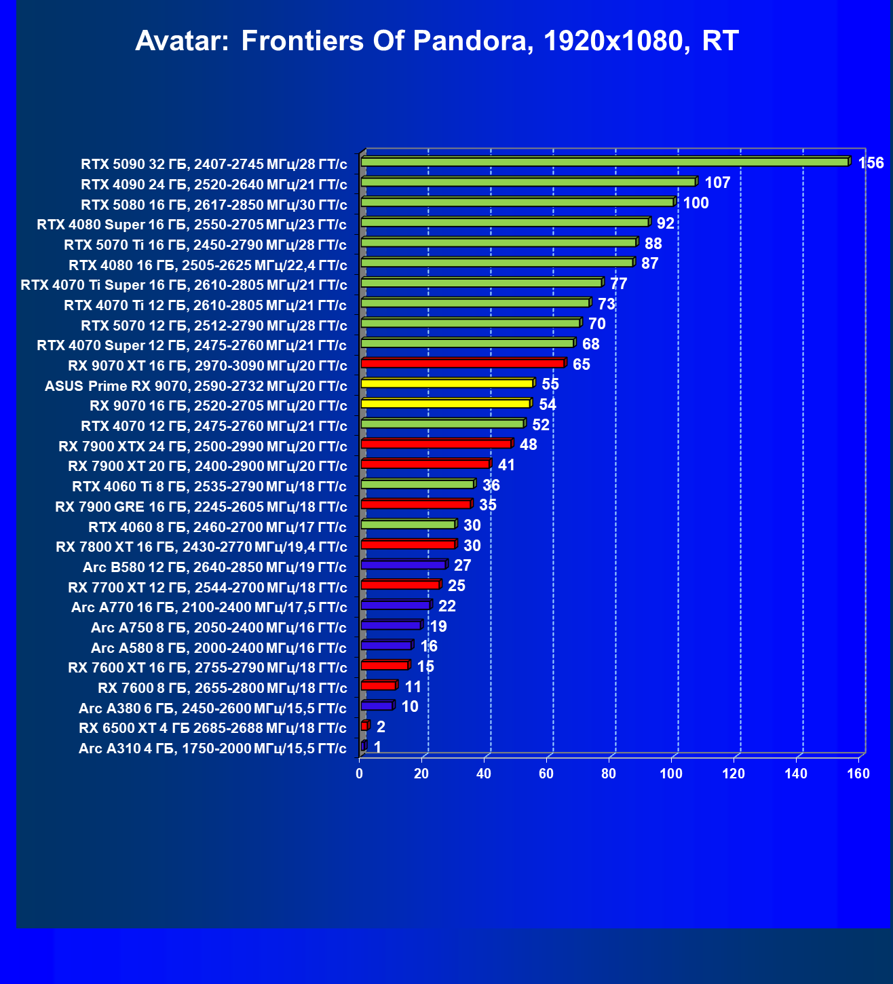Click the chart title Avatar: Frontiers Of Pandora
(436, 41)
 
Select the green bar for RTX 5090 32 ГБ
(604, 162)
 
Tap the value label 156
(871, 163)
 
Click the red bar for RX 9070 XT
(462, 363)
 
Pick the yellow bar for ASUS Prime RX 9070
(446, 383)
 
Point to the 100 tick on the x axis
(671, 774)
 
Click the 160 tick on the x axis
(858, 774)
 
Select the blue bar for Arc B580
(403, 565)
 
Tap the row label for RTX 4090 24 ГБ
(214, 185)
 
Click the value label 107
(717, 183)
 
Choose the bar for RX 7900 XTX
(436, 444)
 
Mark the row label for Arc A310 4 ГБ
(212, 749)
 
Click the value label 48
(528, 444)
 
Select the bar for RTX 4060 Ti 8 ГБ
(417, 484)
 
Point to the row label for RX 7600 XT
(208, 668)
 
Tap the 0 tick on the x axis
(360, 774)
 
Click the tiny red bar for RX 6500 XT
(364, 726)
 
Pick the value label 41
(506, 465)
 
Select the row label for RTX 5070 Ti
(205, 245)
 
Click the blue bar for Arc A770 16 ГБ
(396, 605)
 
